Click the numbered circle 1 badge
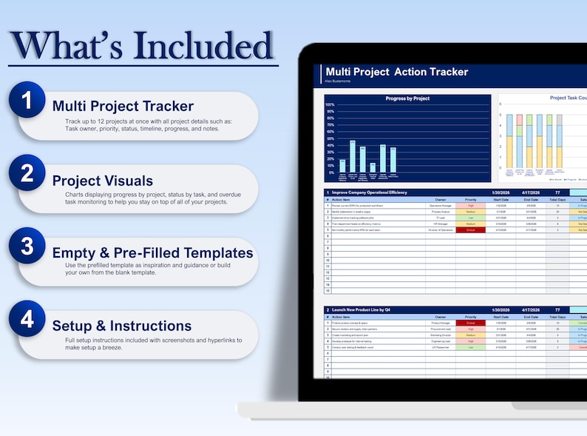click(27, 99)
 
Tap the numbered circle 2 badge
click(27, 172)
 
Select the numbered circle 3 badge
click(27, 246)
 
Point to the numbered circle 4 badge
click(27, 318)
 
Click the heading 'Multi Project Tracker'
click(123, 106)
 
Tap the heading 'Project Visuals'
click(103, 181)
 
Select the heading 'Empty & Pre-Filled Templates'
click(152, 252)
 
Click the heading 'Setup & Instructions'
click(122, 326)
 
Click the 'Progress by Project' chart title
click(407, 98)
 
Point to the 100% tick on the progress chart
click(330, 105)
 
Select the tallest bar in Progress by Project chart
click(353, 156)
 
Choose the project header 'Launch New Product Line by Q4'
click(367, 309)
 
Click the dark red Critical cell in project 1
click(471, 230)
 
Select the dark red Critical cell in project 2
click(471, 323)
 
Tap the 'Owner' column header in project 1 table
click(441, 199)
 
